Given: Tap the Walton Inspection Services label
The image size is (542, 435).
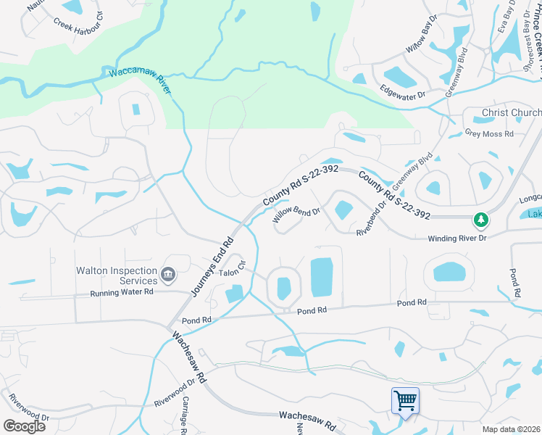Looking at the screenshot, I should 117,275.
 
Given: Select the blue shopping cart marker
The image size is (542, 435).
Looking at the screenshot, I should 405,400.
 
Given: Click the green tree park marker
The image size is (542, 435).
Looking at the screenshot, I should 480,219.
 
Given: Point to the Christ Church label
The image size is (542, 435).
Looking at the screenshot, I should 512,113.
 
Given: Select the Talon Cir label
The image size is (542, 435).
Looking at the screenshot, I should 233,269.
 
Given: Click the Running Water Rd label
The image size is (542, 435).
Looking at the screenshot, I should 122,292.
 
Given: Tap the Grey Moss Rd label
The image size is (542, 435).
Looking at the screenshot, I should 489,133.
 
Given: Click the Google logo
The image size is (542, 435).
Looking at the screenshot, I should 24,426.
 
